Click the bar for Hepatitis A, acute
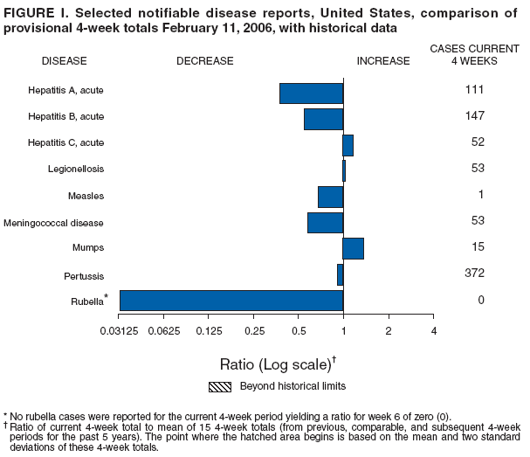pyautogui.click(x=312, y=93)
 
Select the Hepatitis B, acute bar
pyautogui.click(x=324, y=119)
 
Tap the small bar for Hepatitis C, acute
pyautogui.click(x=348, y=145)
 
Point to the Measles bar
pyautogui.click(x=331, y=197)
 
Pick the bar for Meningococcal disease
pyautogui.click(x=326, y=223)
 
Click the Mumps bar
pyautogui.click(x=354, y=248)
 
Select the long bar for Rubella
pyautogui.click(x=231, y=301)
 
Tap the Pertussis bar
pyautogui.click(x=341, y=274)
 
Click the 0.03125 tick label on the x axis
pyautogui.click(x=120, y=330)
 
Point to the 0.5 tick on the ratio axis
pyautogui.click(x=299, y=330)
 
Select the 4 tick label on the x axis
pyautogui.click(x=433, y=330)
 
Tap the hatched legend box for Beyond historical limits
pyautogui.click(x=219, y=386)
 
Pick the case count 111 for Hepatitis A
pyautogui.click(x=475, y=89)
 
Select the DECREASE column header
pyautogui.click(x=205, y=61)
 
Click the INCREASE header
pyautogui.click(x=383, y=61)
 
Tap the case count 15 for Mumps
pyautogui.click(x=478, y=247)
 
